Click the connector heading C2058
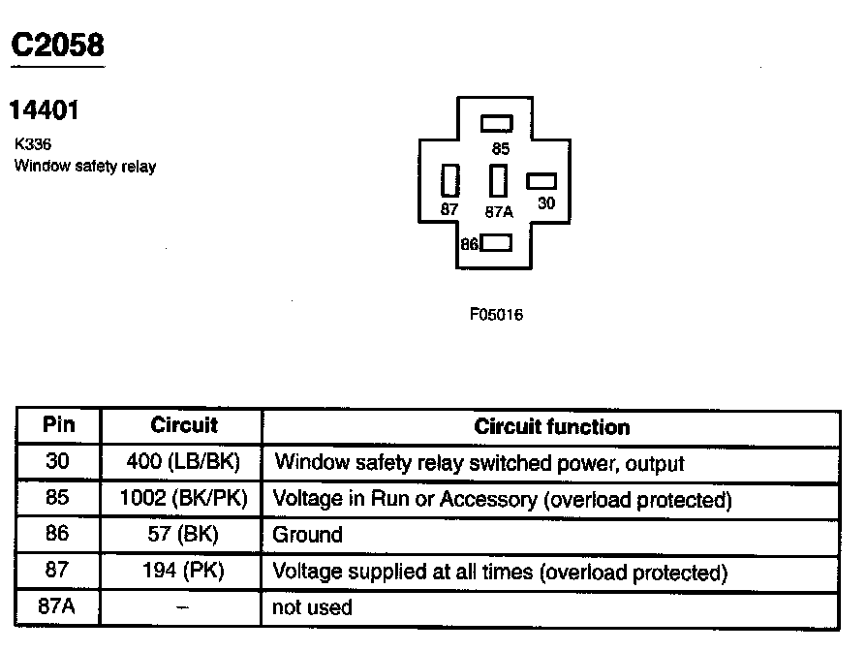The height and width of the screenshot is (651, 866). [56, 45]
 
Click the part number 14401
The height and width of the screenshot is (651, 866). [44, 111]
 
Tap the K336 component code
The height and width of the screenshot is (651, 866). [33, 144]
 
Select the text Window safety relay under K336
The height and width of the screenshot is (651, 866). [84, 166]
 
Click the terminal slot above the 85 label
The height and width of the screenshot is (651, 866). [497, 124]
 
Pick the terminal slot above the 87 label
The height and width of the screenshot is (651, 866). [449, 181]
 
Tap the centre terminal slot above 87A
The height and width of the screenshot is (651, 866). [499, 181]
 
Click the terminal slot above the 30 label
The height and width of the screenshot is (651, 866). [542, 181]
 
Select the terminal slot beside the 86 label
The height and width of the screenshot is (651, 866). [497, 243]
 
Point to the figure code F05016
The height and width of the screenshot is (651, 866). [496, 315]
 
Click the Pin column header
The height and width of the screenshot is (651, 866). [58, 425]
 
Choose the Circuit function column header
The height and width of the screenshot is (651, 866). [551, 426]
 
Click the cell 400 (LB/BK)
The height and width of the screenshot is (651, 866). [182, 462]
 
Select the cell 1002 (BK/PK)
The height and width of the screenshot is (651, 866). [183, 499]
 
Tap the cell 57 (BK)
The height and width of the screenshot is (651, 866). [183, 535]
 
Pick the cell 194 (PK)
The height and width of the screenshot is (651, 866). [183, 572]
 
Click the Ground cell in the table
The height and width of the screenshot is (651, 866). [307, 535]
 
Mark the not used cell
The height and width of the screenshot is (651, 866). [312, 608]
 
